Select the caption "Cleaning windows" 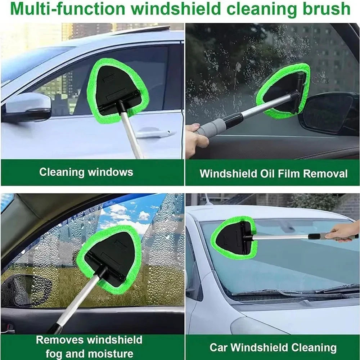86,172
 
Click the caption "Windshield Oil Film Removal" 274,174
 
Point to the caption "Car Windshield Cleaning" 273,348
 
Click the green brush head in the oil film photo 284,90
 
